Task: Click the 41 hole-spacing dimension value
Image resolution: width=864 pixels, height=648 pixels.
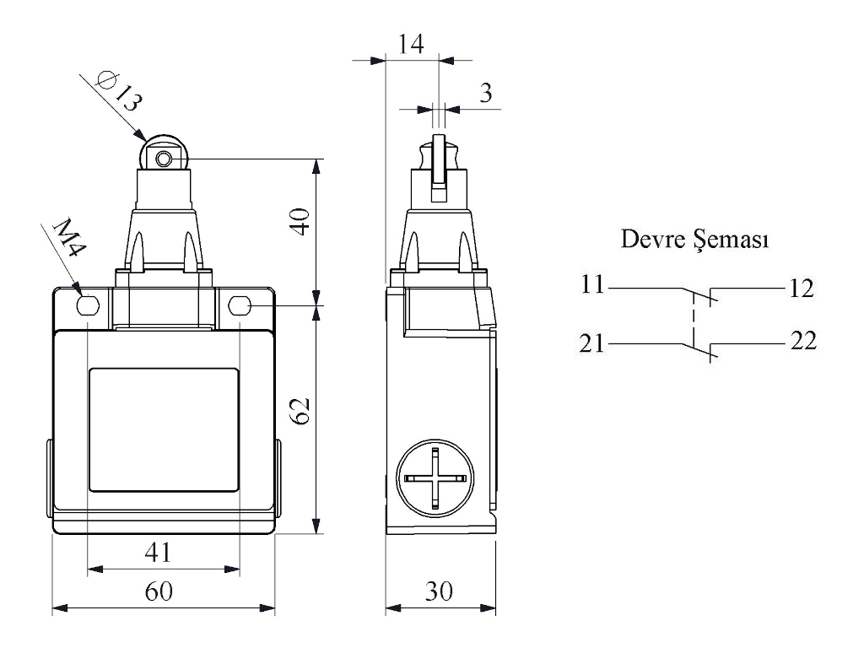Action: (x=159, y=553)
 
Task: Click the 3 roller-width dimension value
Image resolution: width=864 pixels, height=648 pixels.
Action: (x=485, y=93)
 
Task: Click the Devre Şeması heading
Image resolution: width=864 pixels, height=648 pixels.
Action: (x=694, y=240)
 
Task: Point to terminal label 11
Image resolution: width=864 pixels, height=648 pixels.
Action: (x=593, y=286)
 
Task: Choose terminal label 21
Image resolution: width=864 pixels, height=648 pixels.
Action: (x=593, y=343)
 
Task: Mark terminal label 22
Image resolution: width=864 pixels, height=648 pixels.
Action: (x=802, y=342)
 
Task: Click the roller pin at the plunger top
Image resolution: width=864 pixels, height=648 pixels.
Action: (x=163, y=158)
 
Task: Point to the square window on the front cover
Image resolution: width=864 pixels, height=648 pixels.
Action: (x=163, y=429)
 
